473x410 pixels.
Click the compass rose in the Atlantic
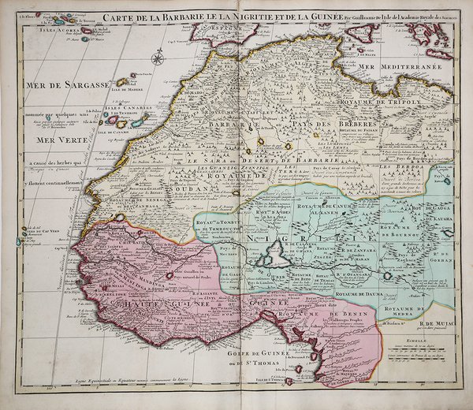pyautogui.click(x=157, y=57)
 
